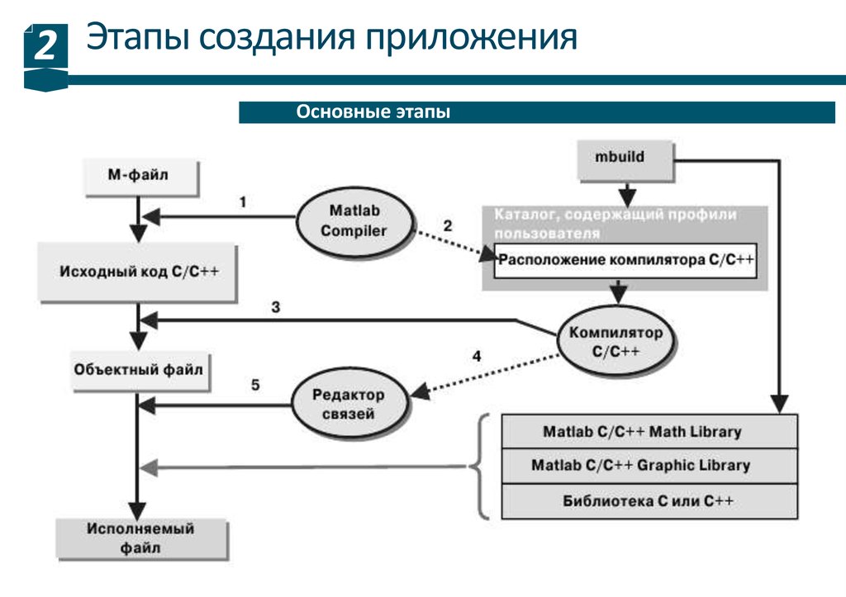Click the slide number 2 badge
(x=45, y=47)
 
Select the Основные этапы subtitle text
(x=373, y=112)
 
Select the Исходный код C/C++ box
(x=138, y=272)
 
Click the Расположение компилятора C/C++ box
(x=625, y=260)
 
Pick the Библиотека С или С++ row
(x=649, y=501)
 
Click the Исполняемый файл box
(x=140, y=538)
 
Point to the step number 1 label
(x=242, y=202)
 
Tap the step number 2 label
(x=447, y=226)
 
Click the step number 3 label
(x=275, y=307)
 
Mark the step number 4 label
(x=476, y=357)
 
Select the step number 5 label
(x=255, y=385)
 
